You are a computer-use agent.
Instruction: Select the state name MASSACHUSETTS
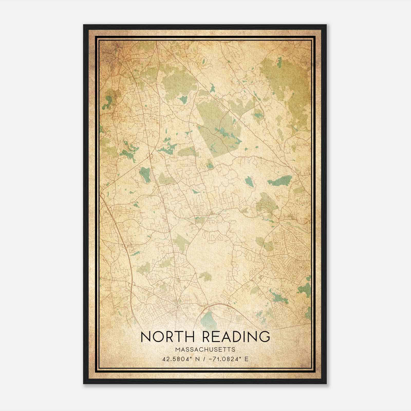[205, 350]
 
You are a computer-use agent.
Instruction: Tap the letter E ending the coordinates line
[246, 359]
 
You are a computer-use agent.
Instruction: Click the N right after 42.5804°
[197, 359]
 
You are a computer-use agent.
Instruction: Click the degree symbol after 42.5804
[192, 357]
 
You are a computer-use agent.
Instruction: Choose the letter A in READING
[225, 337]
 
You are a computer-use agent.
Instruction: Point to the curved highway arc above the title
[218, 305]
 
